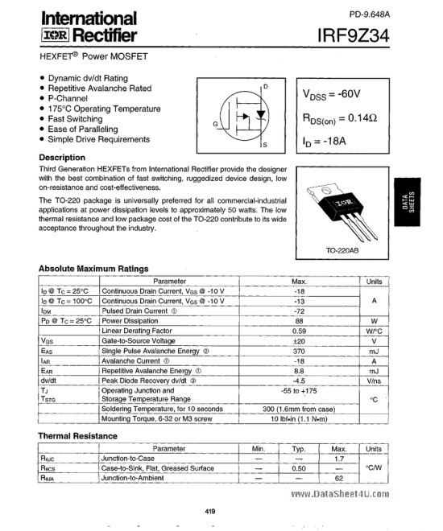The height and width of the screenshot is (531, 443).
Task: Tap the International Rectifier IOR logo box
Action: (x=55, y=35)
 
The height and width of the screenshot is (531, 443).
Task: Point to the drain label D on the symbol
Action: (x=267, y=86)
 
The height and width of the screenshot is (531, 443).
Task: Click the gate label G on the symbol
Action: (x=215, y=124)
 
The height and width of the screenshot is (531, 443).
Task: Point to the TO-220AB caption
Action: (x=342, y=250)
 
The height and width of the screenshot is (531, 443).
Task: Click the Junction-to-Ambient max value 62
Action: (x=339, y=478)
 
